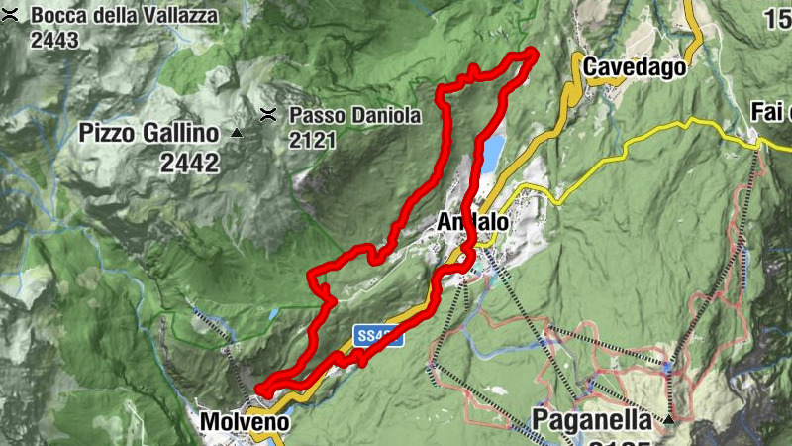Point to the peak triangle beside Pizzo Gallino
236,133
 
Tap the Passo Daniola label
354,115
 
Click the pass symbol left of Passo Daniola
267,115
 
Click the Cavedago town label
635,67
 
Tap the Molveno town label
245,422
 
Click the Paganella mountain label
594,419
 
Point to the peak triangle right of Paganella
669,420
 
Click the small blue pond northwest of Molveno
272,313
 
